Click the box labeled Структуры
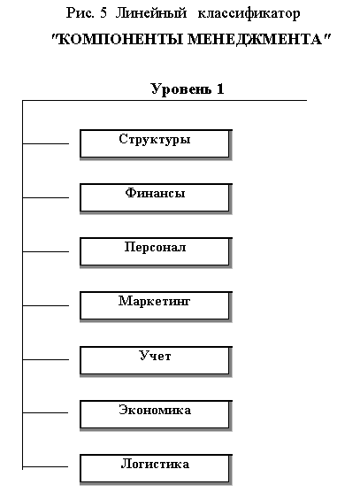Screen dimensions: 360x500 pyautogui.click(x=156, y=144)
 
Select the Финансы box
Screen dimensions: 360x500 pyautogui.click(x=156, y=198)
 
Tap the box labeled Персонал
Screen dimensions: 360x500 pyautogui.click(x=156, y=252)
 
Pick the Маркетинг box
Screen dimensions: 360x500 pyautogui.click(x=156, y=306)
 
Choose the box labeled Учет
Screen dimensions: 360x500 pyautogui.click(x=156, y=361)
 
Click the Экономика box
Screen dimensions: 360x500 pyautogui.click(x=156, y=415)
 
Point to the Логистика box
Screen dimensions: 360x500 pyautogui.click(x=156, y=469)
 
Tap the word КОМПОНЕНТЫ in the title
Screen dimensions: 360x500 pyautogui.click(x=118, y=40)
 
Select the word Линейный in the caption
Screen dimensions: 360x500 pyautogui.click(x=150, y=13)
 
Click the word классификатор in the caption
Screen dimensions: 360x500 pyautogui.click(x=249, y=13)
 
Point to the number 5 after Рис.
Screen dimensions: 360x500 pyautogui.click(x=103, y=13)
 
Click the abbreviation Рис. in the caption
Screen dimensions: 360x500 pyautogui.click(x=80, y=13)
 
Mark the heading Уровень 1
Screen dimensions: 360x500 pyautogui.click(x=188, y=88)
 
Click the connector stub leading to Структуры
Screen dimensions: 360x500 pyautogui.click(x=46, y=144)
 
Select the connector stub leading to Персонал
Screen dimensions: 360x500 pyautogui.click(x=46, y=251)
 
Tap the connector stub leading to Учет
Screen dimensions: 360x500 pyautogui.click(x=46, y=359)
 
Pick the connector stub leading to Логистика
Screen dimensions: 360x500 pyautogui.click(x=45, y=467)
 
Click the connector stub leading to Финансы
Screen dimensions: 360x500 pyautogui.click(x=46, y=197)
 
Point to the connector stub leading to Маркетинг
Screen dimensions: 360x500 pyautogui.click(x=46, y=305)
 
